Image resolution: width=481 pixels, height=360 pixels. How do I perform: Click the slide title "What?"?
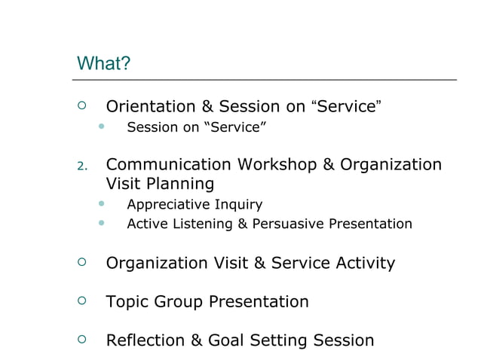point(104,63)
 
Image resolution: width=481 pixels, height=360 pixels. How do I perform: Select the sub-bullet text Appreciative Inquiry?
point(195,204)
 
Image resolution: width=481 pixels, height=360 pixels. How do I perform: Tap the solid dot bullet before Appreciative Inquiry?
point(101,204)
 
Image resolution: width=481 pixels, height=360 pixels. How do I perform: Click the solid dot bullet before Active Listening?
point(101,224)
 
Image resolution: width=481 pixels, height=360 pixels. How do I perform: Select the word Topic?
point(127,302)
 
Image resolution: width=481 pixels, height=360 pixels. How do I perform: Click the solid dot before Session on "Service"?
point(101,127)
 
